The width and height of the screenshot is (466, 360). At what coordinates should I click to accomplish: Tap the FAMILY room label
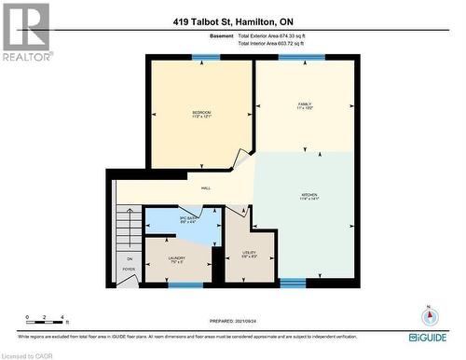304,104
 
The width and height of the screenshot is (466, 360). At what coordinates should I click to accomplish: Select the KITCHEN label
309,196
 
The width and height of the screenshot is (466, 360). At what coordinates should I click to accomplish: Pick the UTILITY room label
249,253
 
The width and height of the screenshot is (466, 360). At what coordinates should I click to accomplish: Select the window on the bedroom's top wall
199,58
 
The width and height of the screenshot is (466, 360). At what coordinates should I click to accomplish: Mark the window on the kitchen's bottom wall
293,283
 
